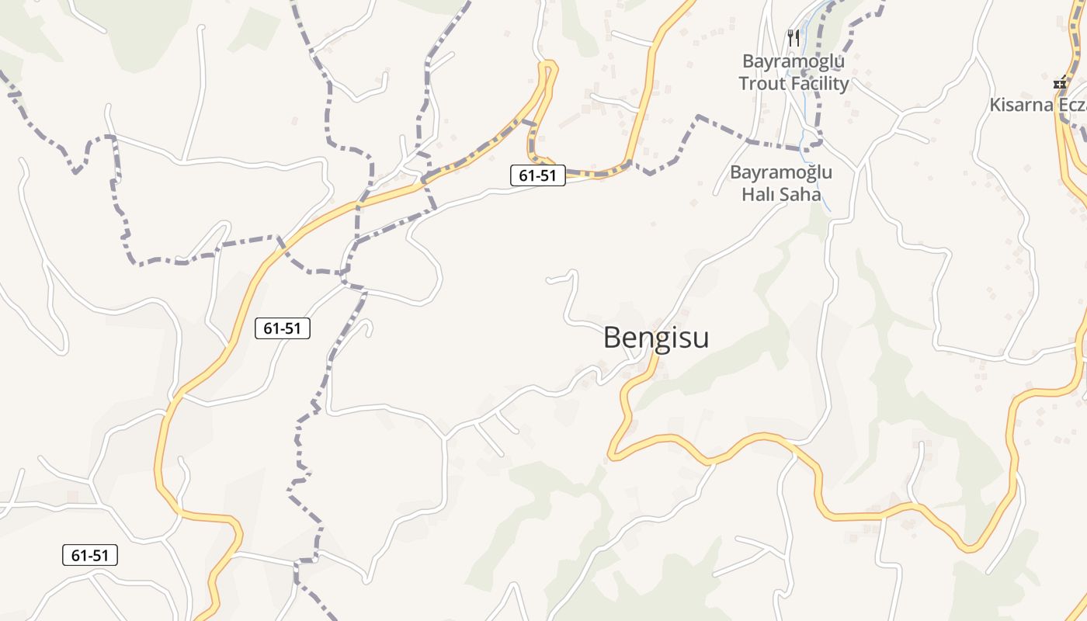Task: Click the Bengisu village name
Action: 656,338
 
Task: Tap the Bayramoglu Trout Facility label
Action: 794,72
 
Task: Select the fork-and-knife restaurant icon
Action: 794,37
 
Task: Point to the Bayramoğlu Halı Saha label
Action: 781,183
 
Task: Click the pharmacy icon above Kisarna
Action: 1061,82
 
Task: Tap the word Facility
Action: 821,84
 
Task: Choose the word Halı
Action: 758,194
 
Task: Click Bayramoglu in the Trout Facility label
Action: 794,61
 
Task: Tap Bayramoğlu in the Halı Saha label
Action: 781,172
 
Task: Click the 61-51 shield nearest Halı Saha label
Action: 537,175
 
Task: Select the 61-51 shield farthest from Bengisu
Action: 90,555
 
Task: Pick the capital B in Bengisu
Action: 613,338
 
